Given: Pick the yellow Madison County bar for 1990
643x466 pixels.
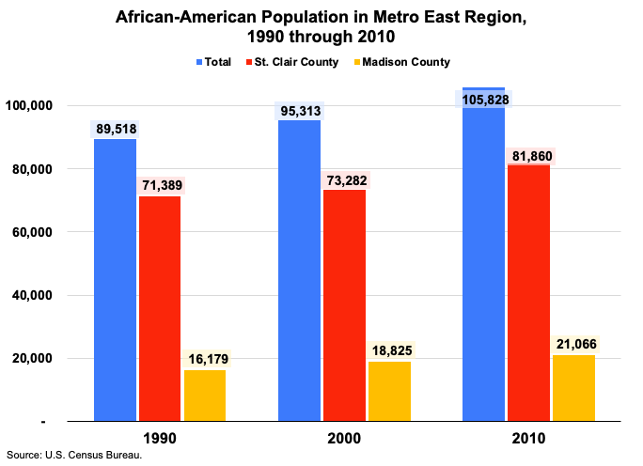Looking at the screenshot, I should tap(205, 395).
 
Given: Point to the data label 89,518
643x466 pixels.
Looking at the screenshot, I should tap(115, 130).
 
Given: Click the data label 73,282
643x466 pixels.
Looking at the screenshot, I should tap(344, 180).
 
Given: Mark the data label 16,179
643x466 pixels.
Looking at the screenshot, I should tap(205, 360).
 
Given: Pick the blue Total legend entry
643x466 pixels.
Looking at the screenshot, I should tap(215, 62).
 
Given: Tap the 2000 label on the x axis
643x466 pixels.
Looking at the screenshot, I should tap(344, 439).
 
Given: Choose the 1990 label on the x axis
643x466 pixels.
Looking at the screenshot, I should tap(160, 439).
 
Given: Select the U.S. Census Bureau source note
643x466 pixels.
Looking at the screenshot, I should tap(74, 456).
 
